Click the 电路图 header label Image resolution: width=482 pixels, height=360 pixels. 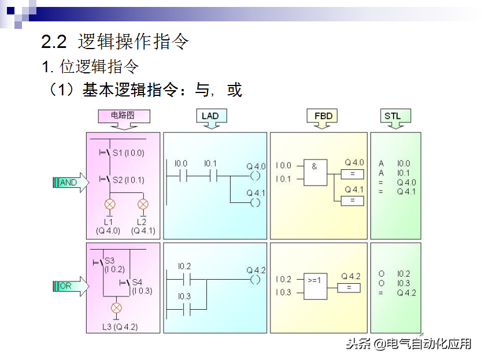pos(123,116)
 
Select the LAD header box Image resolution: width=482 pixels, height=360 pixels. pos(210,116)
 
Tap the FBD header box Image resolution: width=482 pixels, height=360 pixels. pos(323,116)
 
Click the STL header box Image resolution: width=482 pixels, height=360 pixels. pos(392,116)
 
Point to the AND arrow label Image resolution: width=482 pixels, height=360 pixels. pos(68,183)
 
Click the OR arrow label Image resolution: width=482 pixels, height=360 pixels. pos(66,285)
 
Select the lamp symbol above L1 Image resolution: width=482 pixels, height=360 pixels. pos(109,204)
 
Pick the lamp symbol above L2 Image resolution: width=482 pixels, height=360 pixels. pos(143,204)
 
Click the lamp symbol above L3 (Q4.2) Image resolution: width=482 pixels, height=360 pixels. pos(116,307)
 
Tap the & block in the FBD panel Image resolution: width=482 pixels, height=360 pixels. pos(315,172)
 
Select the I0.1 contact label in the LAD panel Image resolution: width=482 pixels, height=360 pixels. pos(210,164)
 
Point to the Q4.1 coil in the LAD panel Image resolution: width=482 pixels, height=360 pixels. pos(255,202)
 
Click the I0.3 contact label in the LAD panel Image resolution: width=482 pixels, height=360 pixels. pos(184,296)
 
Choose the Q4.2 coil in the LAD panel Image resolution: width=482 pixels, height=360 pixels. pos(255,280)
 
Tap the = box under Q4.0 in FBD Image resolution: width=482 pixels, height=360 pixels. pos(353,174)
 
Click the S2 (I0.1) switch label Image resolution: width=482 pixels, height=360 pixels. pos(128,180)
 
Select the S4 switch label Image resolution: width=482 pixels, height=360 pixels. pos(137,282)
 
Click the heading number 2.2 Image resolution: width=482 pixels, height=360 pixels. pos(54,41)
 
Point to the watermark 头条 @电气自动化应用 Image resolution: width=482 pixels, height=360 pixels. pos(409,344)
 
